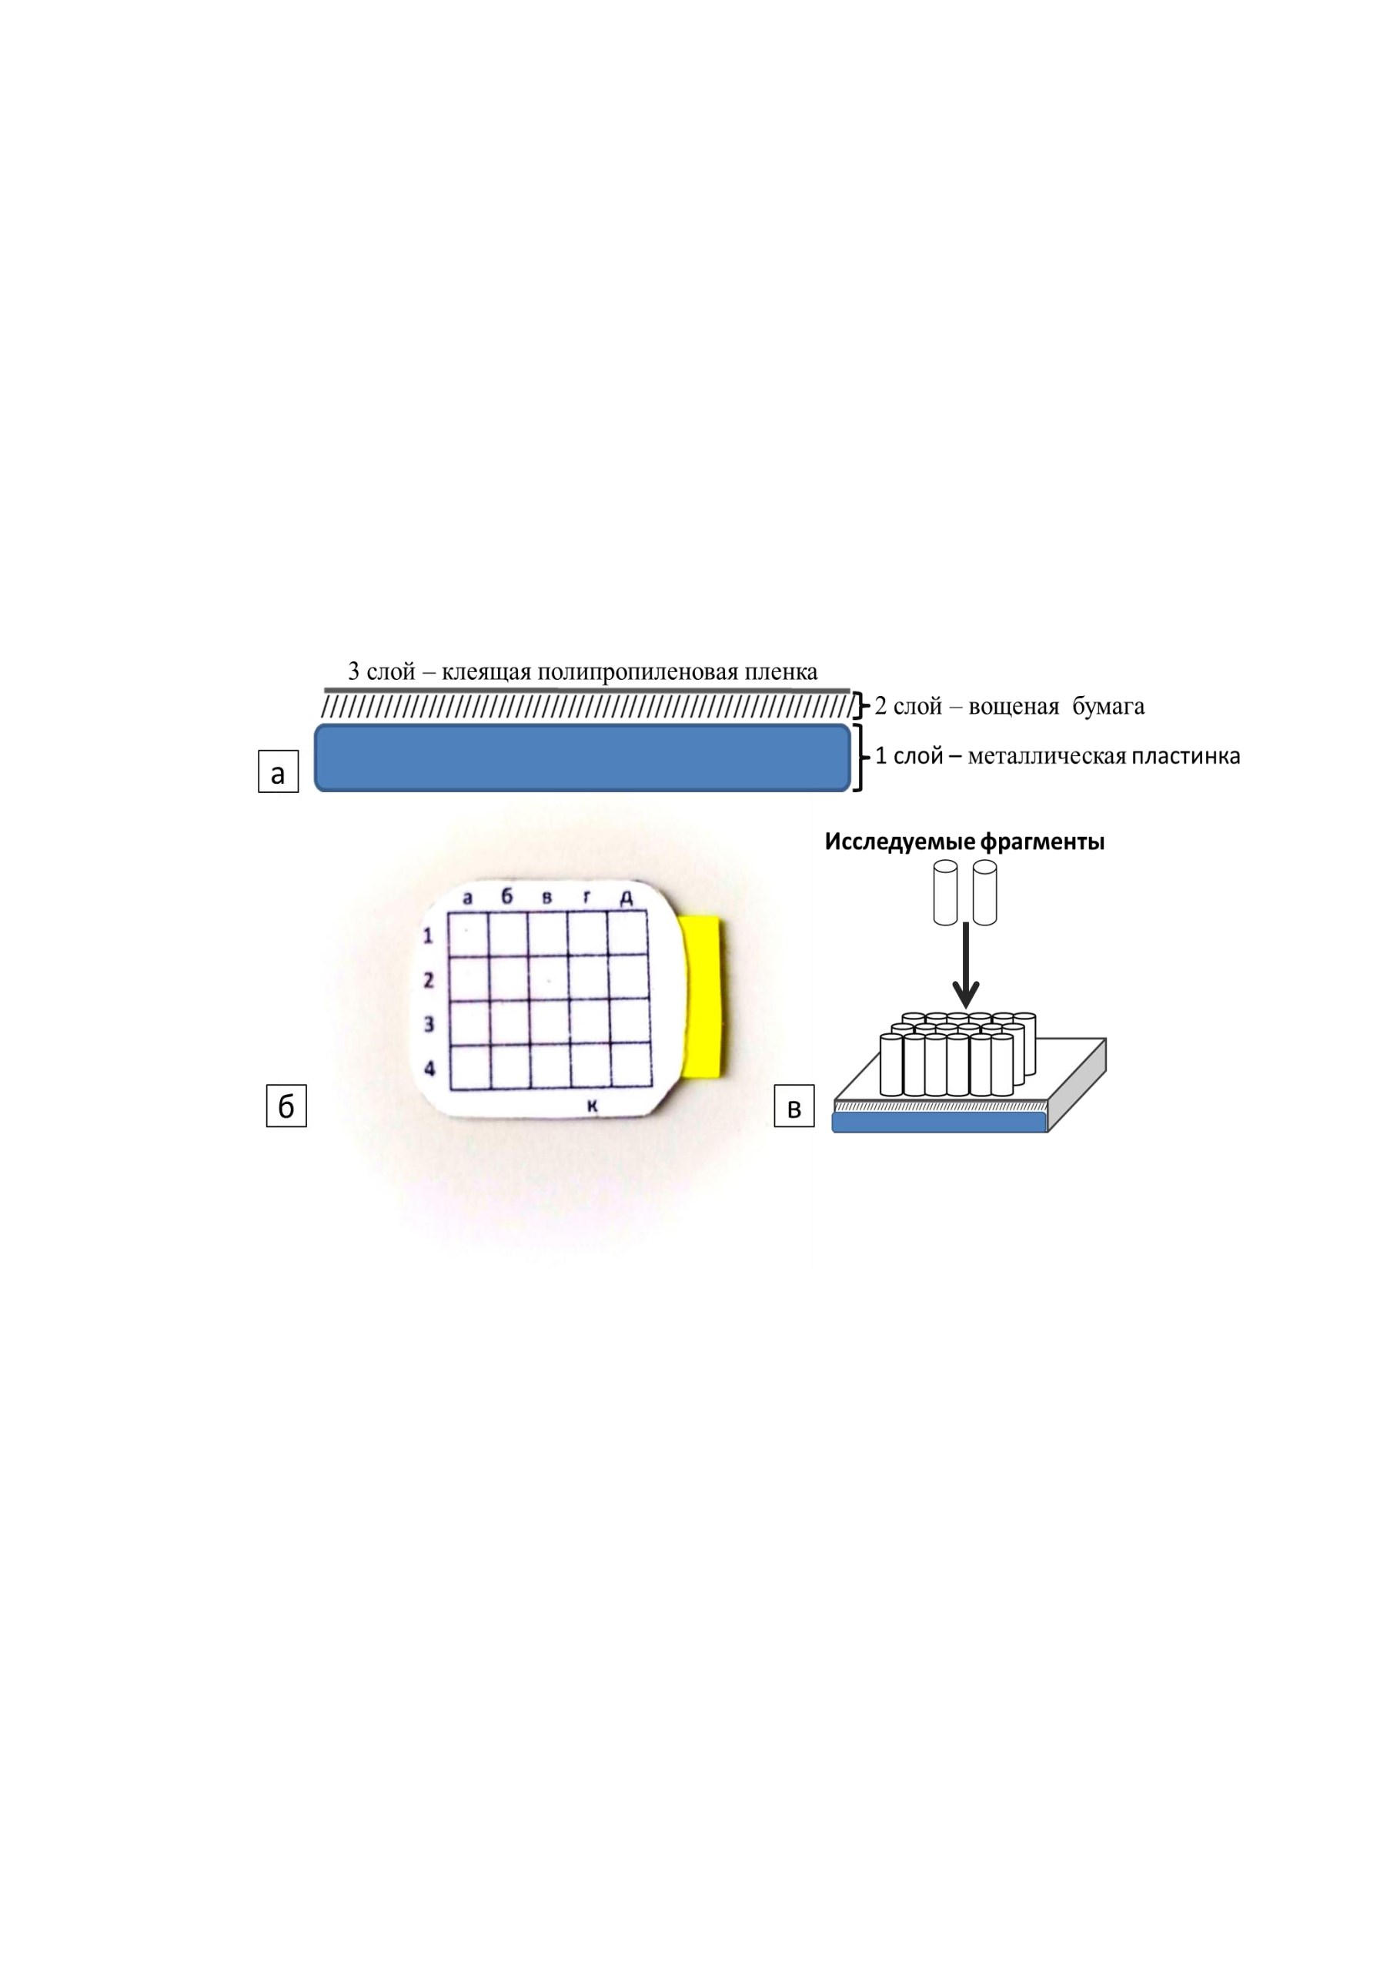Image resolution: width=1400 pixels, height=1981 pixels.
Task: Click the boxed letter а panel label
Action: (278, 771)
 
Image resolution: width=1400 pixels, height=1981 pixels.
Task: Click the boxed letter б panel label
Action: (286, 1106)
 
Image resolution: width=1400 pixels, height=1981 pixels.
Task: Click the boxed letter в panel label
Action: (794, 1106)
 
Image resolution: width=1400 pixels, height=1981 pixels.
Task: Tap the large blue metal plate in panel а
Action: (583, 758)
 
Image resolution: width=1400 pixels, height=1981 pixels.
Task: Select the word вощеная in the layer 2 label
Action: (1014, 707)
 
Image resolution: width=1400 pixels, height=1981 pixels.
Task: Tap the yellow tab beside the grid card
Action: (704, 997)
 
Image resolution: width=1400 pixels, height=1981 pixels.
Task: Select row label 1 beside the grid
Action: (428, 935)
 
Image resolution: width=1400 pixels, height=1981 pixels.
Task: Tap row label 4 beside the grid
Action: (429, 1068)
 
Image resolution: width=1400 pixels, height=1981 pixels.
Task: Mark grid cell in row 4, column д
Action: (630, 1066)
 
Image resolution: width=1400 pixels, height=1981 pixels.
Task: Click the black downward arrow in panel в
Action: (966, 966)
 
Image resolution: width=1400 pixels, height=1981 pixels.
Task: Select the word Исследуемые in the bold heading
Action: (893, 842)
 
